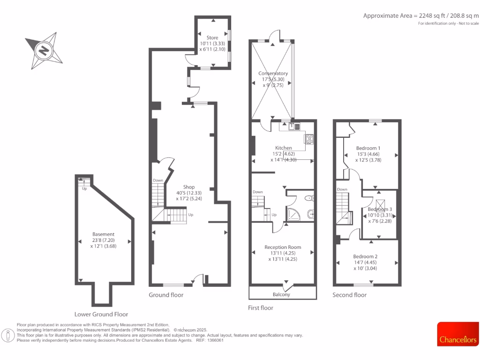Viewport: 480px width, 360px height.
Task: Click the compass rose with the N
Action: tap(44, 50)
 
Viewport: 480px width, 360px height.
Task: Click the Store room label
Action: tap(212, 37)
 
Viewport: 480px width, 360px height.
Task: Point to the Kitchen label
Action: tap(284, 148)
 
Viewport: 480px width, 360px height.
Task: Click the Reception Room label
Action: tap(283, 247)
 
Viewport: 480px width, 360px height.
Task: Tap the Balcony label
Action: tap(282, 294)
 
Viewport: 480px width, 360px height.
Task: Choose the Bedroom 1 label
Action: tap(368, 148)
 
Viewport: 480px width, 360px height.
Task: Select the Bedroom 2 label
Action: tap(365, 256)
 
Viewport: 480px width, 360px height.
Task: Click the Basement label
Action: tap(103, 234)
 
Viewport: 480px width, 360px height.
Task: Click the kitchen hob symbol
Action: tap(309, 139)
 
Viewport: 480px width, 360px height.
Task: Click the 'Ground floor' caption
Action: tap(166, 295)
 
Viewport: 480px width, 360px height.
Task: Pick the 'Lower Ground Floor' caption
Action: tap(101, 314)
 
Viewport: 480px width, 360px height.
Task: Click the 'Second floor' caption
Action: tap(350, 295)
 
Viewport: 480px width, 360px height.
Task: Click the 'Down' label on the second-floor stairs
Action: tap(342, 189)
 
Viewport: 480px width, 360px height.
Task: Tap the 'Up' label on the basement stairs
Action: tap(85, 189)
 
